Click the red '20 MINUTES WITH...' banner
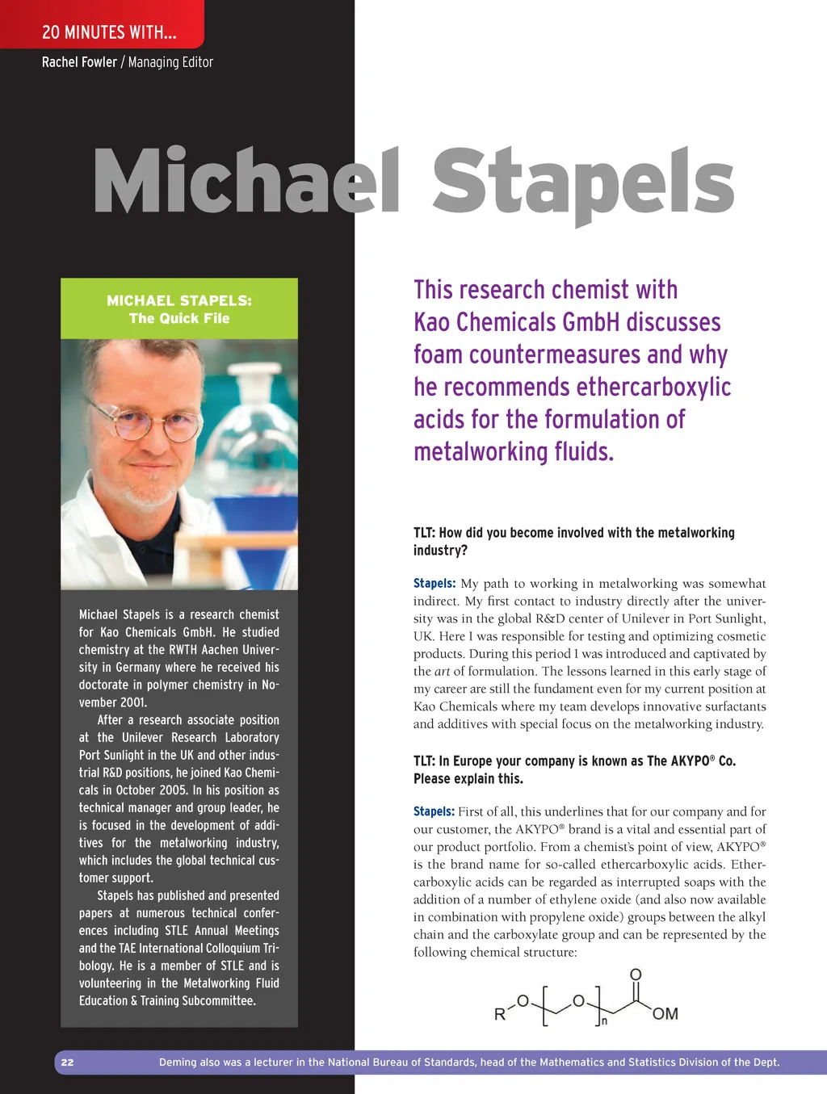[x=108, y=32]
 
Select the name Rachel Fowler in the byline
[x=79, y=62]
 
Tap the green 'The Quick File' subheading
[x=179, y=318]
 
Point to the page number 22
[x=68, y=1063]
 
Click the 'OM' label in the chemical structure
[x=665, y=1014]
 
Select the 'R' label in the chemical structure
[x=500, y=1015]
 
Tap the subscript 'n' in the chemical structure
[x=604, y=1022]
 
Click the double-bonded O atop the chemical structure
[x=636, y=975]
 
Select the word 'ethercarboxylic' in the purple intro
[x=654, y=387]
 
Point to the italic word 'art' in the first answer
[x=442, y=672]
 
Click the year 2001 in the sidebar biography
[x=132, y=702]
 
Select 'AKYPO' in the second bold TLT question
[x=687, y=761]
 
